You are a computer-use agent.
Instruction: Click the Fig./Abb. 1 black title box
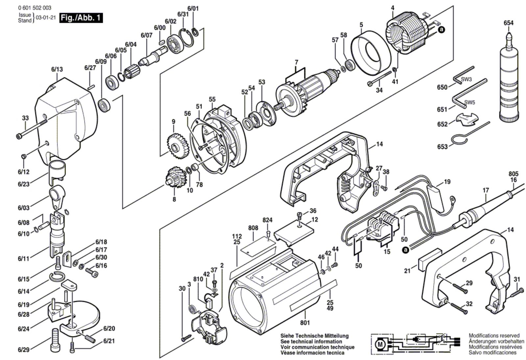(81, 18)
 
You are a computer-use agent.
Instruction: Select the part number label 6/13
(57, 69)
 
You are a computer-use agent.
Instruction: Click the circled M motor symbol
(380, 345)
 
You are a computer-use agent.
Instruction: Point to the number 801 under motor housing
(305, 323)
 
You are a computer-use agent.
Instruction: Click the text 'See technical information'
(311, 342)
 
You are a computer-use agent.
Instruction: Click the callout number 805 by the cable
(513, 174)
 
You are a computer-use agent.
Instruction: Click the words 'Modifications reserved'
(494, 336)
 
